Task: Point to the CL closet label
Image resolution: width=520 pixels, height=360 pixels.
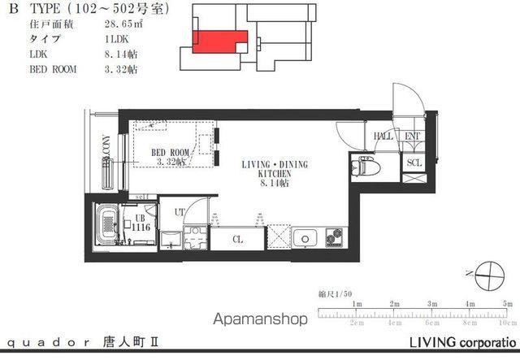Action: tap(237, 240)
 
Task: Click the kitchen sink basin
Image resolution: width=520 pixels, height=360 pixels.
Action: tap(306, 238)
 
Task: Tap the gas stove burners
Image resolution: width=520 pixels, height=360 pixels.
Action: tap(335, 238)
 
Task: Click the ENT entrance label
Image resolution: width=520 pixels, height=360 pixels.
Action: tap(412, 137)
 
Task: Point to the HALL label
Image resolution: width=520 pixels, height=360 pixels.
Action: tap(383, 137)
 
